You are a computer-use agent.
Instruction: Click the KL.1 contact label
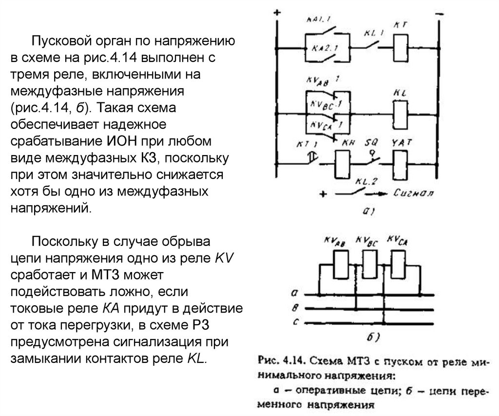click(x=374, y=33)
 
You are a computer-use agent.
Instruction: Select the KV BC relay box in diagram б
click(x=370, y=264)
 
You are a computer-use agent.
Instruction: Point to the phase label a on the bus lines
click(x=294, y=294)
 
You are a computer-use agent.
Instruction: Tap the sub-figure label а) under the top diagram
click(x=366, y=211)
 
